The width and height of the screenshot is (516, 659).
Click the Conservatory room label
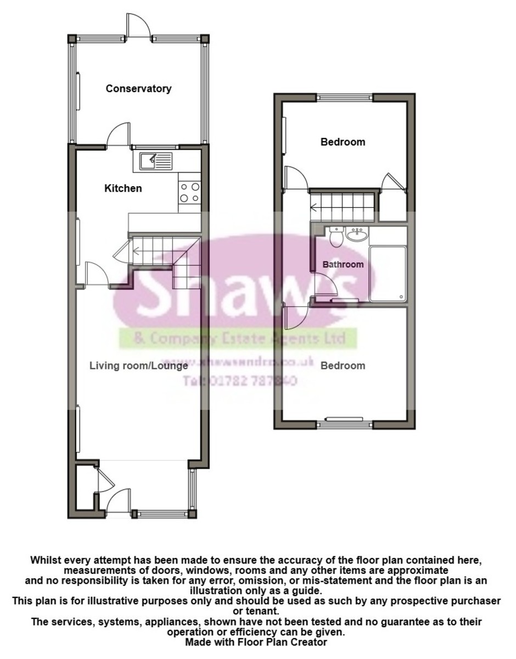(x=138, y=88)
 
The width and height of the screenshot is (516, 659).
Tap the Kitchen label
(x=123, y=188)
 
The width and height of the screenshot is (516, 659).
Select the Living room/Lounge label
(x=139, y=366)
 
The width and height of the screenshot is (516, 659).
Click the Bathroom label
(x=343, y=264)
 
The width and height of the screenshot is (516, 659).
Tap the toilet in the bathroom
(x=336, y=236)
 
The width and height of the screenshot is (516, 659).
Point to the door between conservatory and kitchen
(x=117, y=135)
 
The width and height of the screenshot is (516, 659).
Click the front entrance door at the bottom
(x=119, y=502)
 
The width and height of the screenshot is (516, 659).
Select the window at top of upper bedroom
(x=345, y=98)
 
